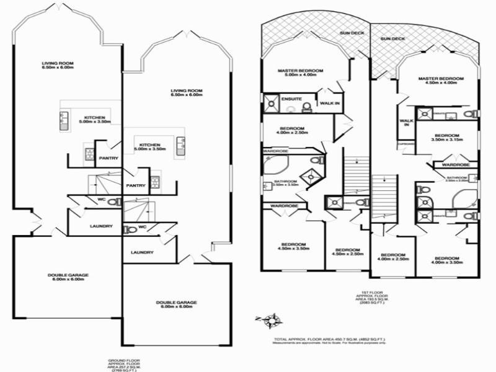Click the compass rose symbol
click(272, 321)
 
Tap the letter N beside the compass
click(257, 319)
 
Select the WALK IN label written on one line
click(329, 104)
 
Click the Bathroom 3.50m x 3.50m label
click(286, 183)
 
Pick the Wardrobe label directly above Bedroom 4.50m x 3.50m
click(285, 205)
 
